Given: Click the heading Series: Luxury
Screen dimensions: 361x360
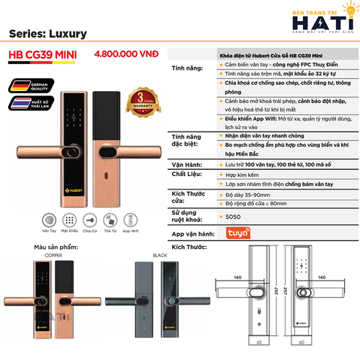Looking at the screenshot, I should point(49,34).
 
